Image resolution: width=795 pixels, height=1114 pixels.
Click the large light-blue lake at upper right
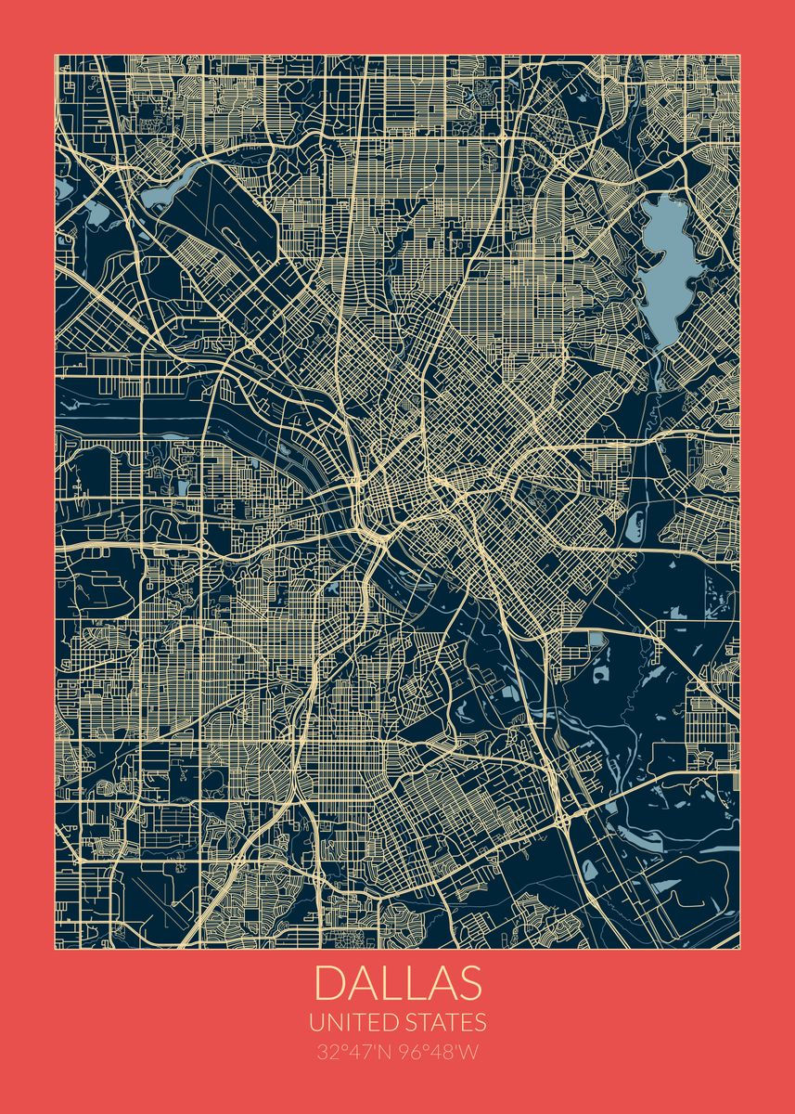pos(669,269)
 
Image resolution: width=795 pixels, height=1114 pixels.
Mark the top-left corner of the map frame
pos(56,55)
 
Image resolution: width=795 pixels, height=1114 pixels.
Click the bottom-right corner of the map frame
pos(739,949)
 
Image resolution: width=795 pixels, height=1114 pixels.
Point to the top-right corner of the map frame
pos(739,55)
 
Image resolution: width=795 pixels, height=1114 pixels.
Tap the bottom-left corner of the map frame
pos(56,949)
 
